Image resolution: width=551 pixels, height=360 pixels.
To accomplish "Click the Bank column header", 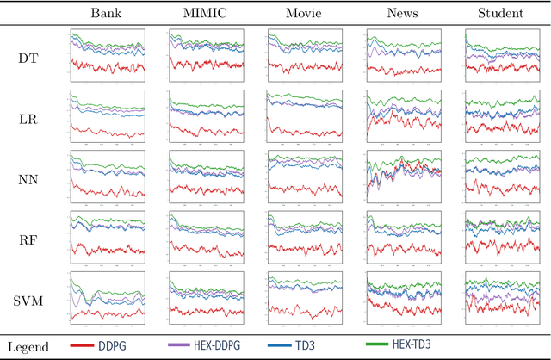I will coord(108,14).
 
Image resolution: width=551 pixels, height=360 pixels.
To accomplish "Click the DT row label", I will coord(28,59).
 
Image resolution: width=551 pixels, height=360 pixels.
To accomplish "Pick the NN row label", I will coord(28,179).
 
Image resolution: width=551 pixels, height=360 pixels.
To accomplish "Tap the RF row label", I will coord(28,239).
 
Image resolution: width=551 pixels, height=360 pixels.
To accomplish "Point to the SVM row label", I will coord(28,301).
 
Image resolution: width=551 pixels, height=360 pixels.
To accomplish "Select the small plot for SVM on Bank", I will coord(108,301).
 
